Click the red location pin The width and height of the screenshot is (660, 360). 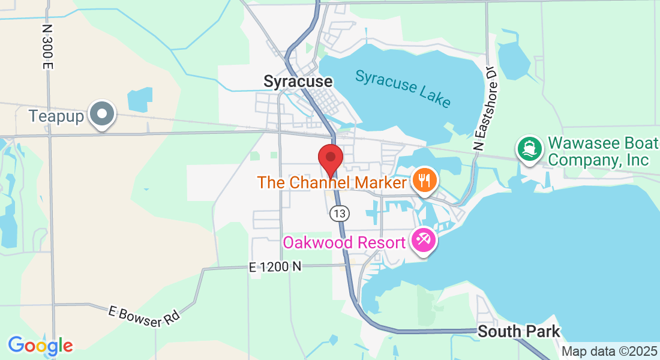330,158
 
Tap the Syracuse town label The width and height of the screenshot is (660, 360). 298,81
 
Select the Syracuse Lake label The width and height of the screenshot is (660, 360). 403,88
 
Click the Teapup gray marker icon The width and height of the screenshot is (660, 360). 102,114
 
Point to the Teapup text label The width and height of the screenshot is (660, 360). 56,116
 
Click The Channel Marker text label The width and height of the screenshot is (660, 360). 332,182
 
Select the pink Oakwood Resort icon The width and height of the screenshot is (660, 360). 424,241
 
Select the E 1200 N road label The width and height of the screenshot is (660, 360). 275,268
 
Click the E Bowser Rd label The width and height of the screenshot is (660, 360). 144,317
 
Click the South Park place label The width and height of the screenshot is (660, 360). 519,331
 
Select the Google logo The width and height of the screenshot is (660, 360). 40,346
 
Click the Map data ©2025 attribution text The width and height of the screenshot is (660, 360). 609,352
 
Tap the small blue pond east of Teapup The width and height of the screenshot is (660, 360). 140,100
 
